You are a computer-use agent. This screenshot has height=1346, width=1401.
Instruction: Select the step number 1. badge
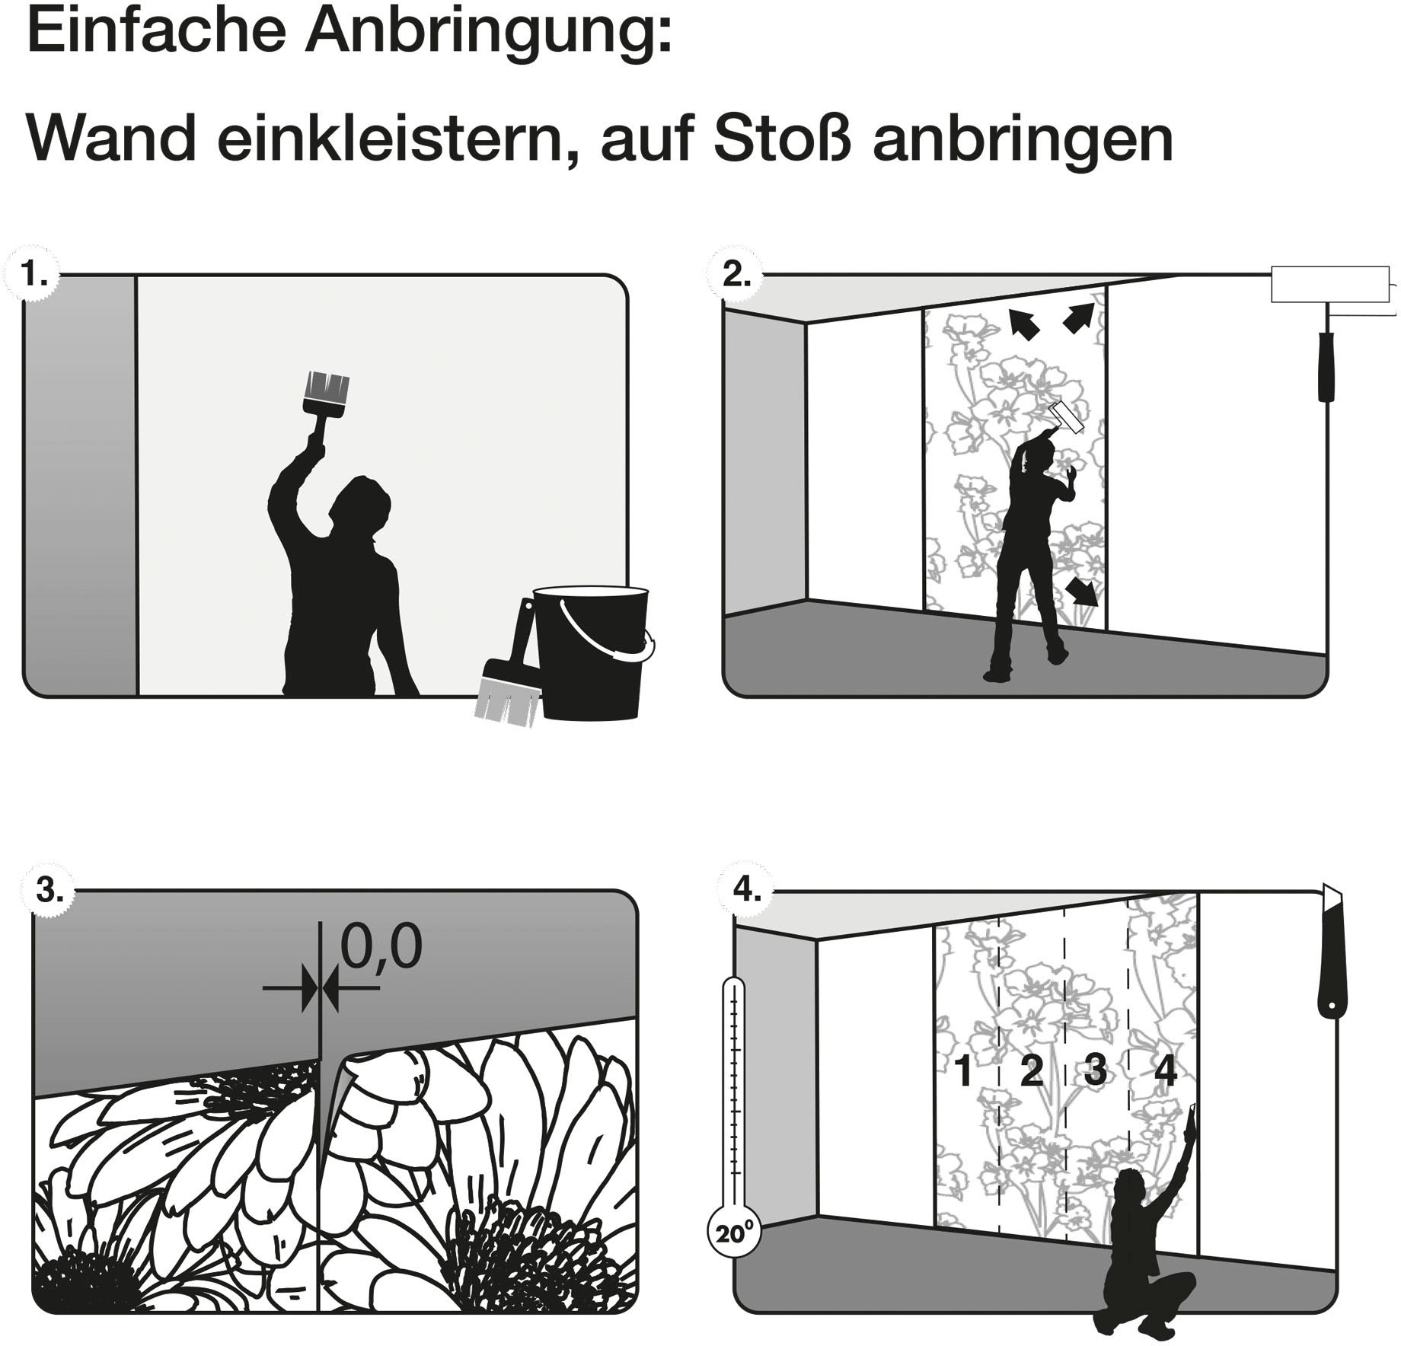pyautogui.click(x=32, y=274)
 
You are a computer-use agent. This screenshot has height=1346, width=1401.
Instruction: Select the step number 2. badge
pyautogui.click(x=735, y=274)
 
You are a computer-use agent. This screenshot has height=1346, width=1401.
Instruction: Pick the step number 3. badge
pyautogui.click(x=49, y=889)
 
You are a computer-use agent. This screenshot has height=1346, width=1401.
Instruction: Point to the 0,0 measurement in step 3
pyautogui.click(x=381, y=947)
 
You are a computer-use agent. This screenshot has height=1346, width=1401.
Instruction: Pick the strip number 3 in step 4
pyautogui.click(x=1094, y=1070)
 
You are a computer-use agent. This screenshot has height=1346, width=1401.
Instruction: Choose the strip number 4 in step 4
pyautogui.click(x=1165, y=1070)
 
